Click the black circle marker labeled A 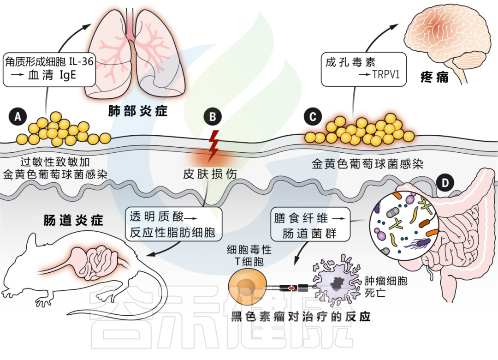click(18, 117)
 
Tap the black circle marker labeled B click(213, 117)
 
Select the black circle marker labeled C click(313, 117)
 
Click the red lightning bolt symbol click(213, 144)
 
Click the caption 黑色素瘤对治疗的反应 click(301, 318)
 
